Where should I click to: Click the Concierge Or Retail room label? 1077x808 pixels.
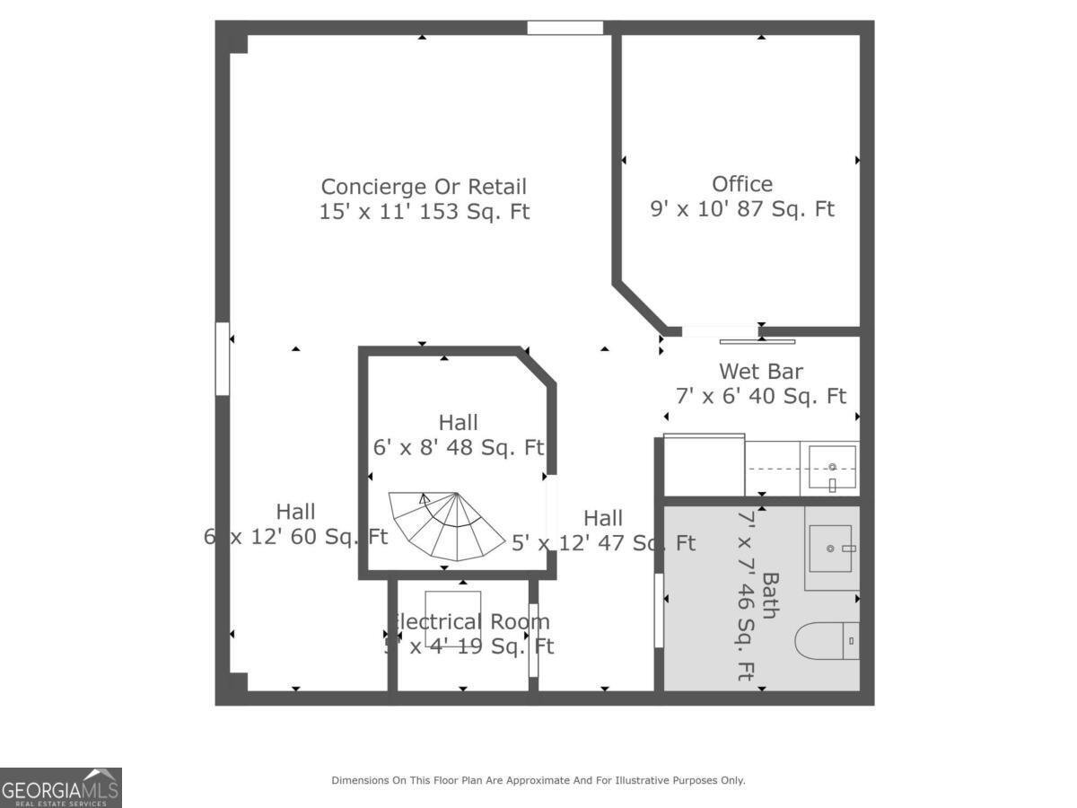(424, 187)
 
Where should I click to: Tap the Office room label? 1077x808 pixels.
(742, 184)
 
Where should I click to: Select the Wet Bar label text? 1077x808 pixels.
(760, 371)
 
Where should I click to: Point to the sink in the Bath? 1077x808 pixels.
(832, 548)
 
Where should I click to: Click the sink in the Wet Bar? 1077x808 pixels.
(832, 467)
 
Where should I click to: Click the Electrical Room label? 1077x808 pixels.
(468, 622)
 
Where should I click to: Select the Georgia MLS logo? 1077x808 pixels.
(61, 787)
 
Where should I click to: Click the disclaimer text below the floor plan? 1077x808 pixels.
(538, 780)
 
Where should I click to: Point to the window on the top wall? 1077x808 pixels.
(565, 28)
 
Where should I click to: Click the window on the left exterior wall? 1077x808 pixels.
(223, 359)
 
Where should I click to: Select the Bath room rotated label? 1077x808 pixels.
(770, 595)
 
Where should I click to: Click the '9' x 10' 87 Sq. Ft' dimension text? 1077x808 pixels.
(742, 209)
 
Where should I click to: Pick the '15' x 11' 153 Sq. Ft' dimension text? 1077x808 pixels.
(424, 212)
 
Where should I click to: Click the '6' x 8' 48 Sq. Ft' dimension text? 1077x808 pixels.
(458, 446)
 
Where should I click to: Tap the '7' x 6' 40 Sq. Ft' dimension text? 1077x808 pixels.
(760, 396)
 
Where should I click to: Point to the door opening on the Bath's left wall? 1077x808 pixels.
(659, 610)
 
